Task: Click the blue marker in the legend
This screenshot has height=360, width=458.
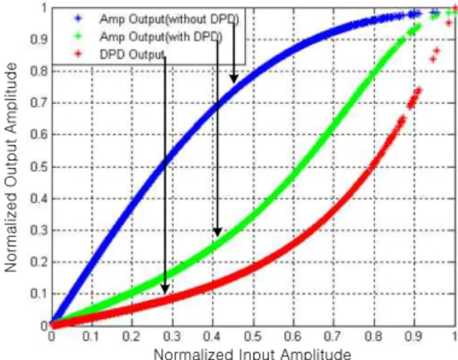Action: click(x=78, y=19)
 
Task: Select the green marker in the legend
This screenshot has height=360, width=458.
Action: click(x=78, y=36)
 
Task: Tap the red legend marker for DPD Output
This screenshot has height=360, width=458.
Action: click(x=78, y=54)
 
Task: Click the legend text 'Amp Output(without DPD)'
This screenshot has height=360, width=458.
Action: click(x=169, y=19)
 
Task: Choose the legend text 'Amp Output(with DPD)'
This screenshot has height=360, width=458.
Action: click(x=161, y=37)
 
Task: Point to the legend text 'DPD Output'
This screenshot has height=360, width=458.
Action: click(x=132, y=54)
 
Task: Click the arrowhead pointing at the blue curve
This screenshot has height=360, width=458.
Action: click(x=233, y=79)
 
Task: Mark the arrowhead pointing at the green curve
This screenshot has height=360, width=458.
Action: click(x=217, y=232)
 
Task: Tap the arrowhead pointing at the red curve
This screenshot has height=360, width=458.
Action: click(x=165, y=289)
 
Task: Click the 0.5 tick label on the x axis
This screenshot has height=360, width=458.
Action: click(x=254, y=337)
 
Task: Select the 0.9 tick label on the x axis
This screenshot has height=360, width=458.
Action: click(x=414, y=337)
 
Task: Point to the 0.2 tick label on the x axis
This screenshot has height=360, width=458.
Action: click(x=131, y=337)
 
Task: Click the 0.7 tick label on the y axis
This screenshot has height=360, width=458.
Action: click(x=39, y=103)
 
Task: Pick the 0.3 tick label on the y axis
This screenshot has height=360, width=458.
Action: click(x=39, y=230)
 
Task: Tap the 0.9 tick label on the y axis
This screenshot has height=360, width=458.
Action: click(x=39, y=39)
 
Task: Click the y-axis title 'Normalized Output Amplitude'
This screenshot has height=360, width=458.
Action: click(x=10, y=168)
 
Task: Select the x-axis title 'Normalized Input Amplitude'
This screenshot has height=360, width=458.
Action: click(x=253, y=354)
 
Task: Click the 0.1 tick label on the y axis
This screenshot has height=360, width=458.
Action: click(x=39, y=294)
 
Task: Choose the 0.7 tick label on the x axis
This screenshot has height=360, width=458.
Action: click(x=333, y=337)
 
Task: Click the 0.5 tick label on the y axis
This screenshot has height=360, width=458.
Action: click(x=39, y=168)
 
